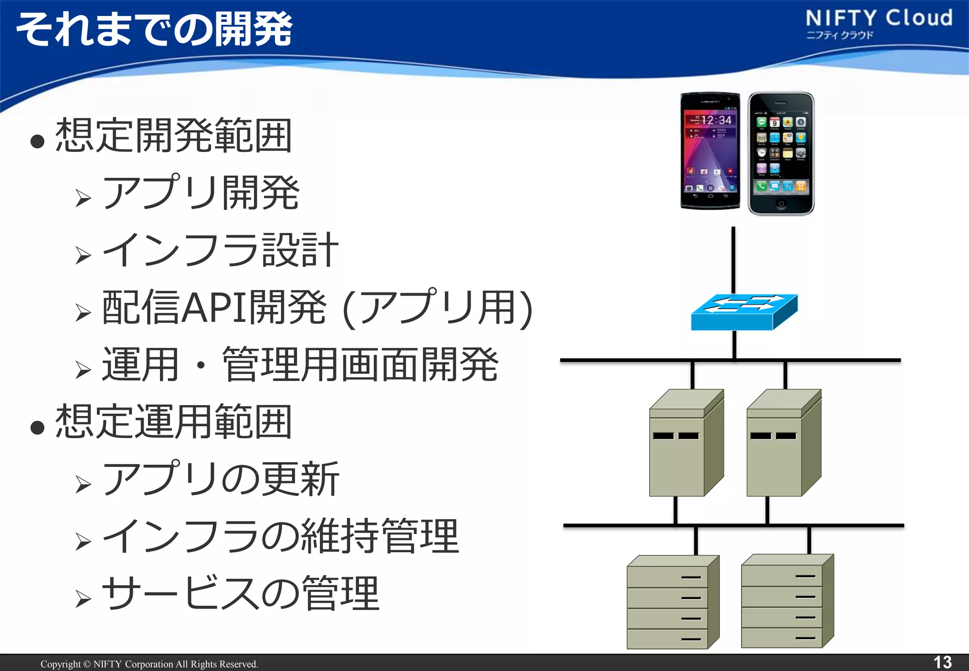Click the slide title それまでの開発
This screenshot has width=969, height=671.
coord(154,29)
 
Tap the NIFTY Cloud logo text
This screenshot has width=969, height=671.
coord(879,19)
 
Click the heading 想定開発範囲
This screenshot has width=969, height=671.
coord(173,136)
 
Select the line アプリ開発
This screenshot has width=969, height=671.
coord(201,193)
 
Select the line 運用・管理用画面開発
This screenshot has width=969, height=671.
coord(300,365)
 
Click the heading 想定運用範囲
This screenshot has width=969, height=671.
coord(173,422)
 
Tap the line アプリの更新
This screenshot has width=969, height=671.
coord(220,479)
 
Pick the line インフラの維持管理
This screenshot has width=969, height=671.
coord(280,537)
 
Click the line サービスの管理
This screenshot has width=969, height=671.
coord(240,594)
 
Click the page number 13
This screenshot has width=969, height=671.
coord(942,662)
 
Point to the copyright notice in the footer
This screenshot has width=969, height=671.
coord(149,664)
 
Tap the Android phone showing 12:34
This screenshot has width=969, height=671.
coord(710,150)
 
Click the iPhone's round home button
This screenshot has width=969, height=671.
coord(781,204)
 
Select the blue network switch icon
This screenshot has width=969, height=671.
coord(744,312)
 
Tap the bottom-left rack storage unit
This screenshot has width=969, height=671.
coord(673,602)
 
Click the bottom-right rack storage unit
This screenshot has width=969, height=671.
coord(787,602)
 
